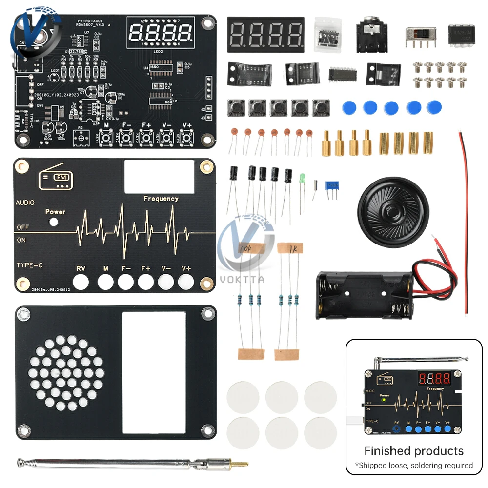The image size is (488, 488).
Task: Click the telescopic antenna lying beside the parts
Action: [132, 462]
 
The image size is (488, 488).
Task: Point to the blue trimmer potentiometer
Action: [333, 185]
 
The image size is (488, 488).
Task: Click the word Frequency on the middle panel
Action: [161, 199]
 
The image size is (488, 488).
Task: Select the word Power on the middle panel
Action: [55, 212]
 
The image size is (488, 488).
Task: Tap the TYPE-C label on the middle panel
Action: [29, 265]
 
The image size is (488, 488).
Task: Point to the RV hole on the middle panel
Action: [81, 282]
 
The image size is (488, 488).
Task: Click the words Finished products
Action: [414, 450]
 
